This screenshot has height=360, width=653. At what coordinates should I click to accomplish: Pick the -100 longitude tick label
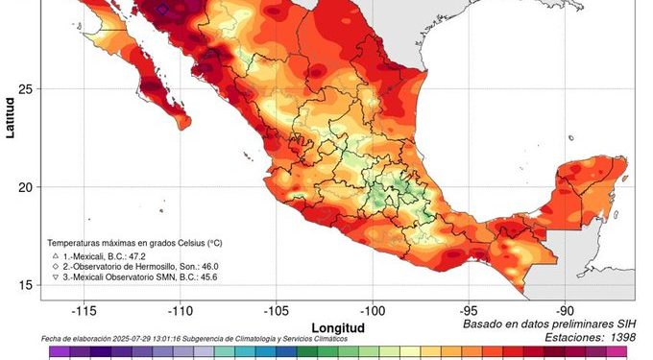click(x=373, y=310)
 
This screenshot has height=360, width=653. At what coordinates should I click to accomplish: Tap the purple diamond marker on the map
click(x=162, y=9)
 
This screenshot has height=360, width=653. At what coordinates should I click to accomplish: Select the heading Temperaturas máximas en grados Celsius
click(x=144, y=245)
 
